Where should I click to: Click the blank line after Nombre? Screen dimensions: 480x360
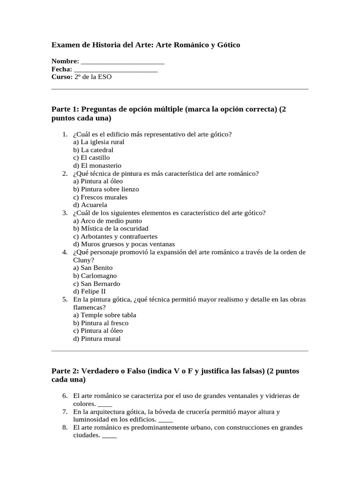tap(122, 61)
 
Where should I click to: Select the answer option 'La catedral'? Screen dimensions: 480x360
tap(93, 150)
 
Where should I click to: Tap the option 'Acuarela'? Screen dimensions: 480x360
tap(90, 205)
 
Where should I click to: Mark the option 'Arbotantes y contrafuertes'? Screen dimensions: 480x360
tap(115, 236)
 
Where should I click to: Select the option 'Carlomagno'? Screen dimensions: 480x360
tap(95, 276)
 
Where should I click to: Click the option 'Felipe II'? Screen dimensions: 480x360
tap(90, 291)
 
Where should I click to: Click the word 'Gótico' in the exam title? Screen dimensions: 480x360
tap(227, 45)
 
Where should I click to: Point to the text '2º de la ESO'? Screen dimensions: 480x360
tap(93, 77)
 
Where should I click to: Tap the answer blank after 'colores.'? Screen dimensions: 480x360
tap(105, 404)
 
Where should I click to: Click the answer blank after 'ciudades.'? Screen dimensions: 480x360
tap(109, 435)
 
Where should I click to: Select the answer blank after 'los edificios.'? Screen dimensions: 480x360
tap(166, 420)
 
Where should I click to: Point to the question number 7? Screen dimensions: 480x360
tap(65, 412)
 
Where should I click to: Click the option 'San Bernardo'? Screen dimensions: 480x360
tap(97, 284)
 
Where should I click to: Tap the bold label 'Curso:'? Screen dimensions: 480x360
tap(62, 77)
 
